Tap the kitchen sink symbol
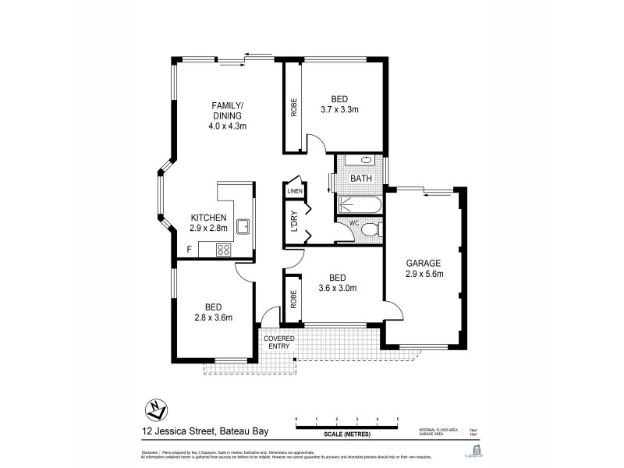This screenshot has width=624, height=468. (x=243, y=226)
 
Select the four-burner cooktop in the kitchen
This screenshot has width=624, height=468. (x=223, y=250)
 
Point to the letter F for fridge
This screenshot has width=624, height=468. (x=188, y=250)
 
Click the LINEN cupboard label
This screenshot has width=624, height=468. (x=294, y=191)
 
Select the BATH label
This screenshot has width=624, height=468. (x=360, y=179)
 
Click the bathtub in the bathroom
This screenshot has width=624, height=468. (x=360, y=206)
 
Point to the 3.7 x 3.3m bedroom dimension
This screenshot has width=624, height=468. (x=339, y=110)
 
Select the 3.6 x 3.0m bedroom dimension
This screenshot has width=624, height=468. (x=337, y=288)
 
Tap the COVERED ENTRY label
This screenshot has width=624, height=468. (x=278, y=342)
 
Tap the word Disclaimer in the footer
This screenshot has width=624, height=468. (x=150, y=452)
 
